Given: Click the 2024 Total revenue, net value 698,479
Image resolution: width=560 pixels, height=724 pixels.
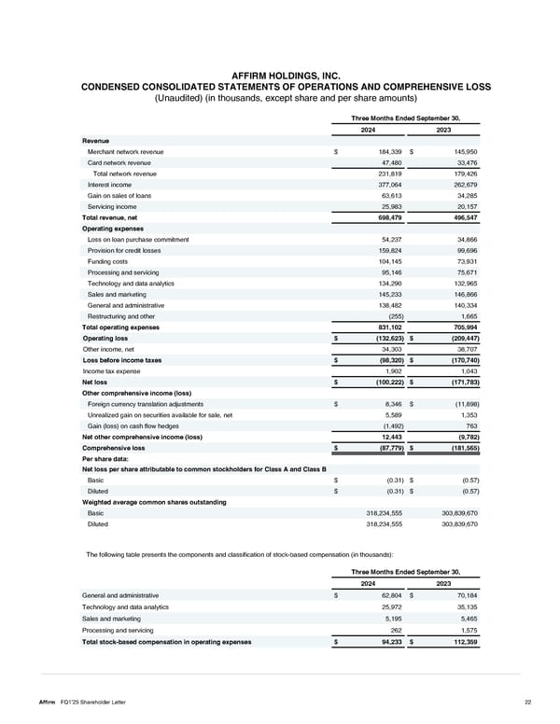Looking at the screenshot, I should pos(384,216).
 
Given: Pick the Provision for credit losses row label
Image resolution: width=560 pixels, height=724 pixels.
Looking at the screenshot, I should pos(125,250).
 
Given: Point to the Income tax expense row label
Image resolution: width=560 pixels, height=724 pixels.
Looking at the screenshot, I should pos(110,370).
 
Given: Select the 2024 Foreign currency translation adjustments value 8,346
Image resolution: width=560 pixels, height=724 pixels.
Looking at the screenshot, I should pos(390,404).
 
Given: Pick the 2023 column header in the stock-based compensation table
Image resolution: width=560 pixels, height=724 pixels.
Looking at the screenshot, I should pos(443,582).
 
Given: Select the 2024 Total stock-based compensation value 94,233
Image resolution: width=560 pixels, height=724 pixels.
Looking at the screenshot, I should pos(385,641).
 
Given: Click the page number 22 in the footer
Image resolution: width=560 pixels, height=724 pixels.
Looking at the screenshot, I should pos(527,701).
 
